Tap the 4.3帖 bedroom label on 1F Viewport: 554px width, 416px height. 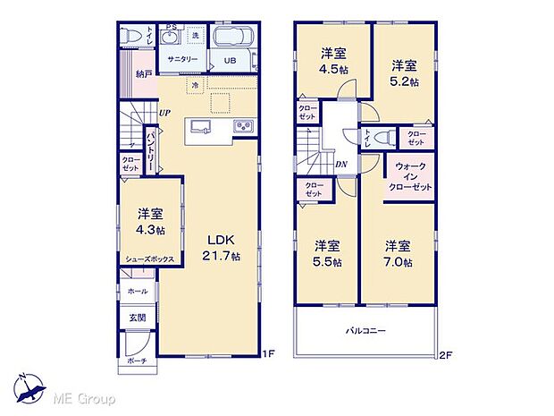[x=150, y=221]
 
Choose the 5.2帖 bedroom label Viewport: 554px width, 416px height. [x=404, y=72]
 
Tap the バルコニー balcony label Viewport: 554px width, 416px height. [x=366, y=331]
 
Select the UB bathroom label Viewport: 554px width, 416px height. [x=230, y=61]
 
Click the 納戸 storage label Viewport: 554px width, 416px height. [x=143, y=75]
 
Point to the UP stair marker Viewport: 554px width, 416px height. [x=165, y=113]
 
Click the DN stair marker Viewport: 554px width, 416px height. [x=341, y=165]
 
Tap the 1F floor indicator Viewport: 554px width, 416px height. [x=265, y=355]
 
